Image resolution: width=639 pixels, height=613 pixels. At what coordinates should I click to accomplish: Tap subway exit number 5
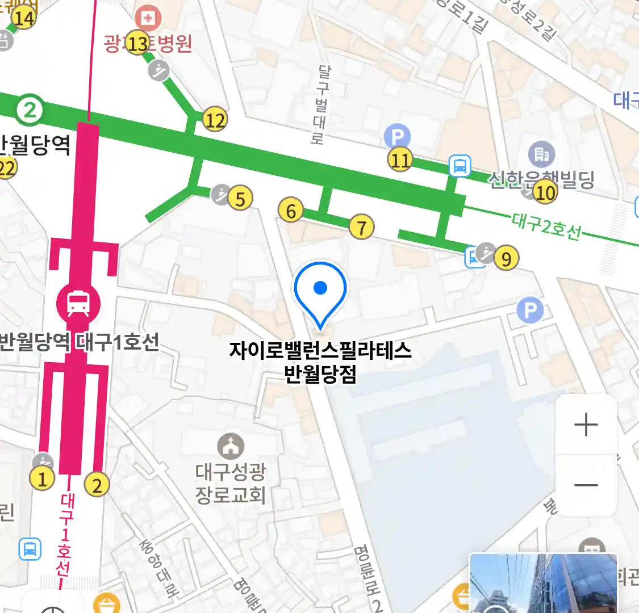[x=240, y=199]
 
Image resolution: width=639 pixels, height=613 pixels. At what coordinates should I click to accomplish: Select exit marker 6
[x=291, y=211]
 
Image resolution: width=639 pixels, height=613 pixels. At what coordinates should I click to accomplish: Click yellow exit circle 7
[x=362, y=228]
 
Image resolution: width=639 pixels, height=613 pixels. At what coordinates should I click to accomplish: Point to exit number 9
[x=506, y=259]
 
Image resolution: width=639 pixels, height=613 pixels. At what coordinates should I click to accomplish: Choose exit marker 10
[x=545, y=193]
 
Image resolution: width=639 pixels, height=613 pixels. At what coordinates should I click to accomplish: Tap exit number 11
[x=400, y=160]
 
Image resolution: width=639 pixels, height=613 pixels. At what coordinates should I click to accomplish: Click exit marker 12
[x=215, y=120]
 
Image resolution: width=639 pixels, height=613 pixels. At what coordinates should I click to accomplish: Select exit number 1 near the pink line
[x=42, y=479]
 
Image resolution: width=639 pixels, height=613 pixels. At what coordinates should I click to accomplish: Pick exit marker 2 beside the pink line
[x=97, y=485]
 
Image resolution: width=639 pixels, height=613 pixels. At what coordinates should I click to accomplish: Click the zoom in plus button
[x=586, y=425]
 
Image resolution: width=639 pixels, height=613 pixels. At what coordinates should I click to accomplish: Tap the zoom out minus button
[x=586, y=485]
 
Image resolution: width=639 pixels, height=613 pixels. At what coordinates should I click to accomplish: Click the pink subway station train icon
[x=78, y=303]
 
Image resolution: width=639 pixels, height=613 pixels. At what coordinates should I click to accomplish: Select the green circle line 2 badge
[x=29, y=110]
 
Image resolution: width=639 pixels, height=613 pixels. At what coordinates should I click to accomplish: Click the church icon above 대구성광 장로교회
[x=230, y=447]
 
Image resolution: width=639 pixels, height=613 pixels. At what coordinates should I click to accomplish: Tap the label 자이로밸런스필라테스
[x=320, y=350]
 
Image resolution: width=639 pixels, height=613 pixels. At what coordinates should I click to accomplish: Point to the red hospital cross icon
[x=148, y=19]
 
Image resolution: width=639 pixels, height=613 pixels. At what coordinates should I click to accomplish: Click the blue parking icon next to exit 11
[x=397, y=137]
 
